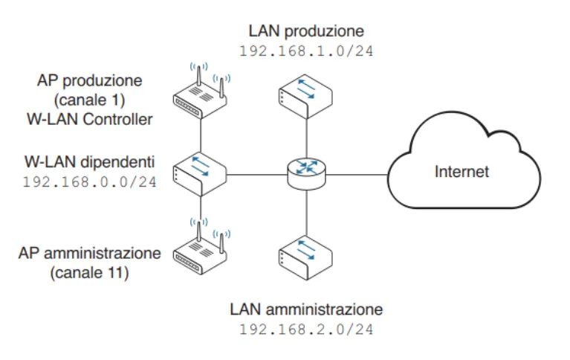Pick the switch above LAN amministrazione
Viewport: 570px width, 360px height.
click(305, 255)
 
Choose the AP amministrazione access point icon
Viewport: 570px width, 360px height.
click(201, 248)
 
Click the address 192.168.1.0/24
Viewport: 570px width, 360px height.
click(305, 53)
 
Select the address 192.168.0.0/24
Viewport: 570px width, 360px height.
click(89, 181)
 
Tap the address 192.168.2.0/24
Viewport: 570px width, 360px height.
click(305, 327)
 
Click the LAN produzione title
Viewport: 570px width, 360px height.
click(305, 32)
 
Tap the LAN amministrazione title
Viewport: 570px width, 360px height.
click(305, 307)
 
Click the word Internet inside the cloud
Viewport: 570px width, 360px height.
click(461, 172)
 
